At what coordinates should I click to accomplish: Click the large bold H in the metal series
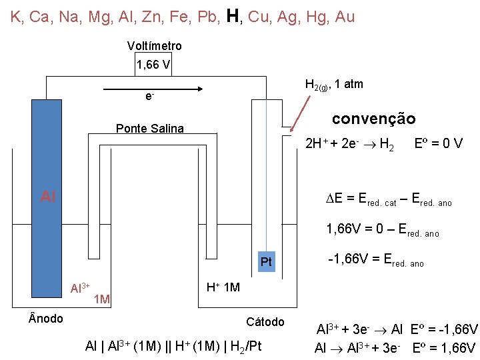pos(233,15)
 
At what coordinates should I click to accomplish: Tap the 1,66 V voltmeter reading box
pos(153,65)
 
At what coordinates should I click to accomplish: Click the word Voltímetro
pos(154,46)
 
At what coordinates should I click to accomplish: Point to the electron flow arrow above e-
pos(153,87)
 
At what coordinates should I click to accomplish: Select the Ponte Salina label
pos(149,129)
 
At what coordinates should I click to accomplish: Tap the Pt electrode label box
pos(266,262)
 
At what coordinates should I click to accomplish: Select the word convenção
pos(373,119)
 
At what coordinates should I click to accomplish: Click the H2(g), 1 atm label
pos(333,85)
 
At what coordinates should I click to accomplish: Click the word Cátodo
pos(265,322)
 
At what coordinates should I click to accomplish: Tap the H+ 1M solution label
pos(223,287)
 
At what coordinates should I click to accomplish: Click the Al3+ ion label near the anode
pos(80,288)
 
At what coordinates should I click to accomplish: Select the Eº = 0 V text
pos(438,143)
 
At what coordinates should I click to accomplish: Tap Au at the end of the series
pos(344,17)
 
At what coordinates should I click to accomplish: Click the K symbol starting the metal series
pos(15,17)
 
